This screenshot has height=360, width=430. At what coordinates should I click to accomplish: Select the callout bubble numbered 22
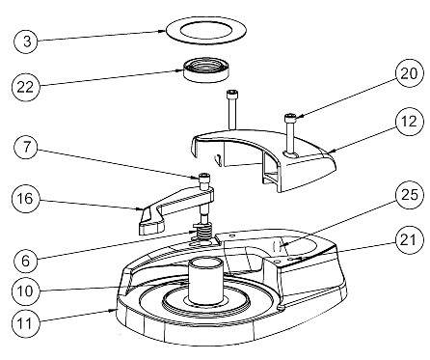point(28,86)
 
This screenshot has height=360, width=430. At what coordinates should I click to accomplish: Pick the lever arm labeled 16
point(174,210)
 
